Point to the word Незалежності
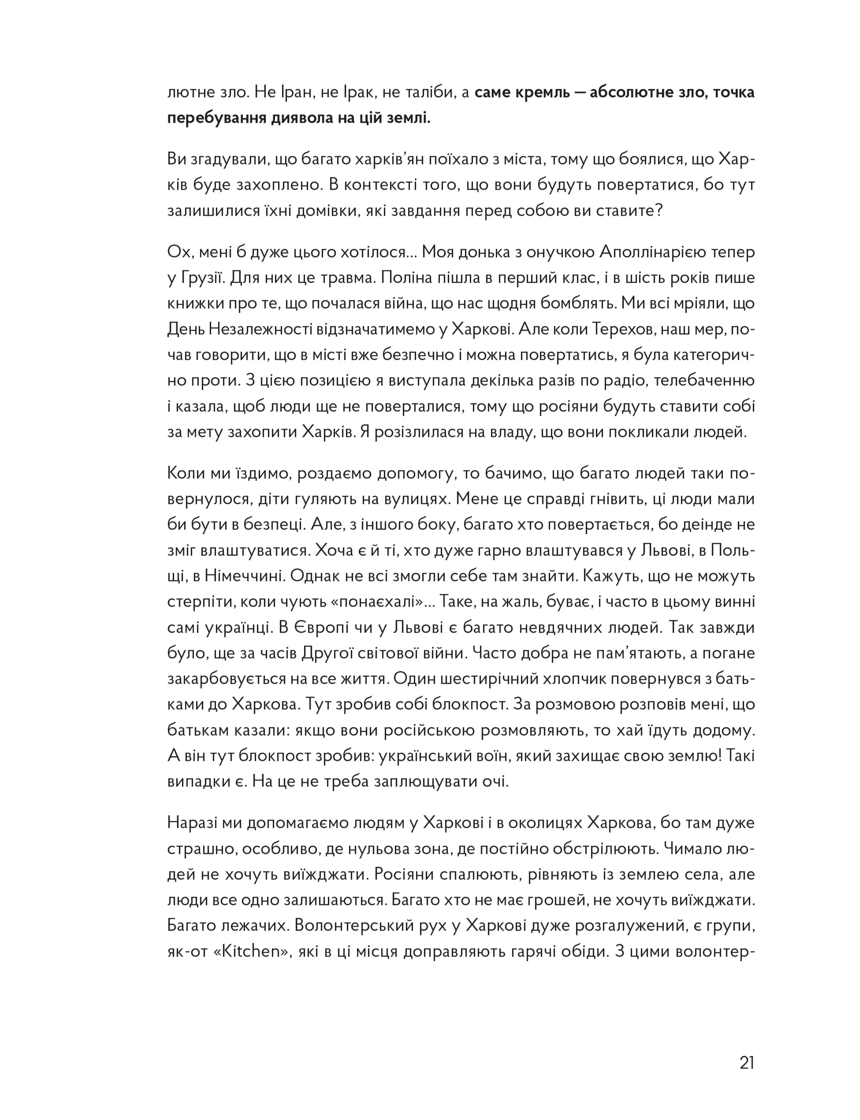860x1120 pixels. tap(272, 329)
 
